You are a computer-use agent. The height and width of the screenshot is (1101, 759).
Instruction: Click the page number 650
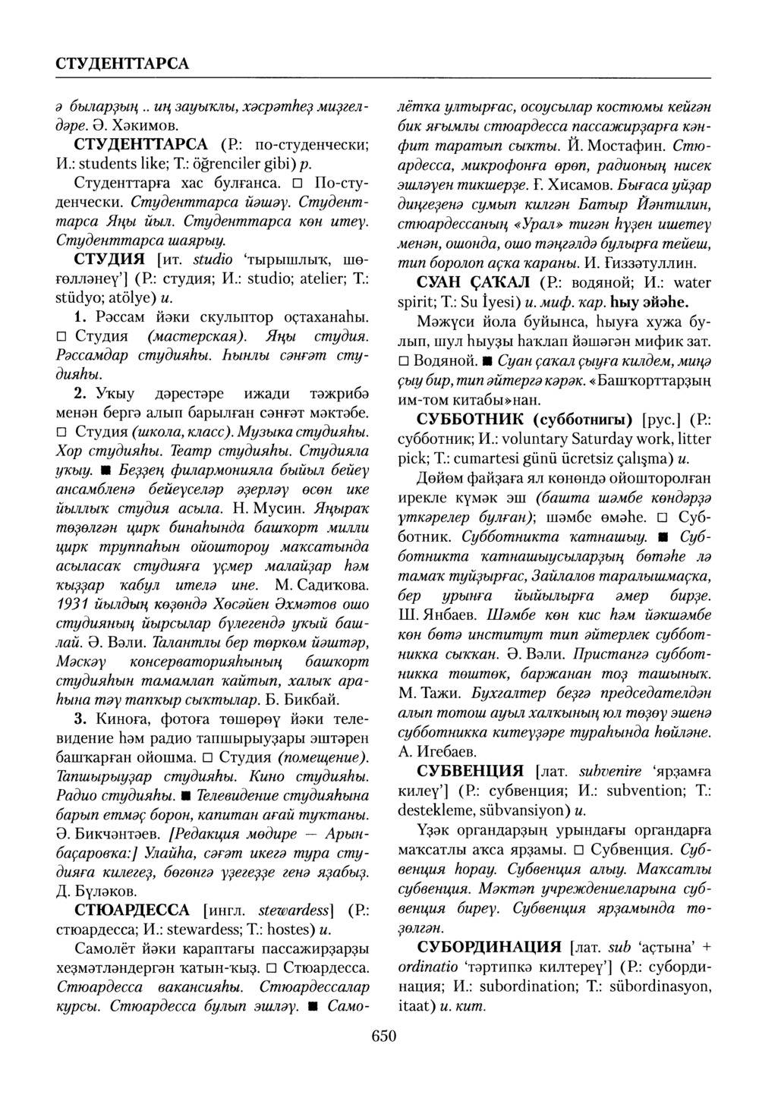point(384,1036)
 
